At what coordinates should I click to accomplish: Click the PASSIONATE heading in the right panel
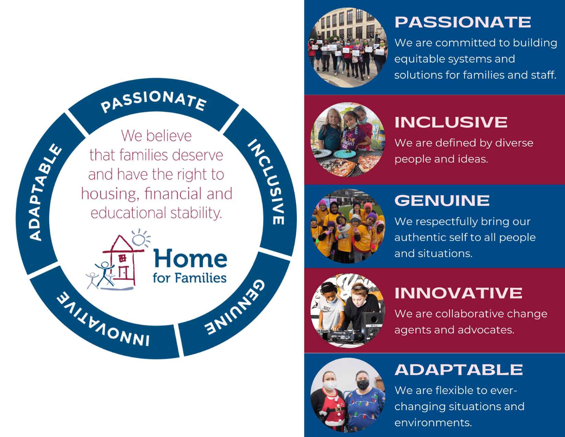[x=463, y=22]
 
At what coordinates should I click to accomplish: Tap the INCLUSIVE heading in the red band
[x=451, y=122]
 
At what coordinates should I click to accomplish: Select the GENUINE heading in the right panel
[x=442, y=201]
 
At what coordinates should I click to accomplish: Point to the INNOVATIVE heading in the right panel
[x=458, y=293]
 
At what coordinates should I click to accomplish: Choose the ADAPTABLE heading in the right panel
[x=459, y=370]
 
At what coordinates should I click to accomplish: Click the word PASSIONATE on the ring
[x=154, y=101]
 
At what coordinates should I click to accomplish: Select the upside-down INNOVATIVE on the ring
[x=103, y=322]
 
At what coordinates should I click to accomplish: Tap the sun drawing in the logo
[x=140, y=238]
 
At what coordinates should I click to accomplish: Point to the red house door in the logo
[x=124, y=273]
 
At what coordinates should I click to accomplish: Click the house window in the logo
[x=122, y=258]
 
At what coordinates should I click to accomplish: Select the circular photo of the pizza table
[x=348, y=140]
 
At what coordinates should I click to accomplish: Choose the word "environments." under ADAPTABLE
[x=433, y=423]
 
